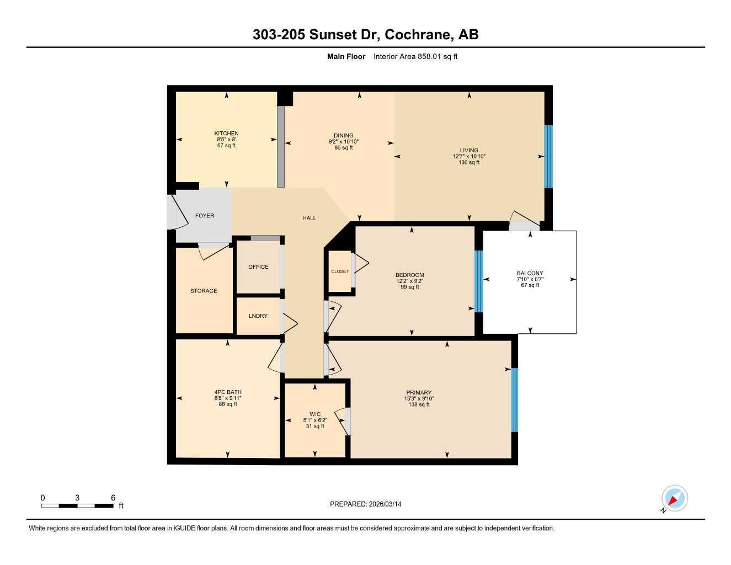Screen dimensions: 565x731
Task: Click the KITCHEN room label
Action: pos(226,134)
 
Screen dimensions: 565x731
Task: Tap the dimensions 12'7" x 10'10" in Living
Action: pos(469,157)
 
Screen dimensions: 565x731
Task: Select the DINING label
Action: pos(343,136)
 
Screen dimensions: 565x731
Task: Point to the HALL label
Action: pos(309,218)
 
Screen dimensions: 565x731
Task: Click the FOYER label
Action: pos(205,216)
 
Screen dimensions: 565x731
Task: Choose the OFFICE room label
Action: pos(258,267)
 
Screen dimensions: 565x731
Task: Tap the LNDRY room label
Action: pos(258,316)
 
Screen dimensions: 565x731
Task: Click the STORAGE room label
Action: pos(204,291)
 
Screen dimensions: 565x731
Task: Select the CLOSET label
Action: pos(340,271)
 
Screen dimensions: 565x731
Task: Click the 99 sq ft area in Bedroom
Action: pos(410,287)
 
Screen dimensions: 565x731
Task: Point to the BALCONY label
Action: pos(530,273)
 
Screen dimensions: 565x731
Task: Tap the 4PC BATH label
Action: pos(228,392)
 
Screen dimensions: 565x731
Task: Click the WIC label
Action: pos(315,414)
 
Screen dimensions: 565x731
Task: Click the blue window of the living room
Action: pos(548,157)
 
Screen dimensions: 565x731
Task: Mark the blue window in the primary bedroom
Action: pos(514,399)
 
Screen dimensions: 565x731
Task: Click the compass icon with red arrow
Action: pos(674,499)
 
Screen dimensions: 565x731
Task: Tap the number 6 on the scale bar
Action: pos(113,498)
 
